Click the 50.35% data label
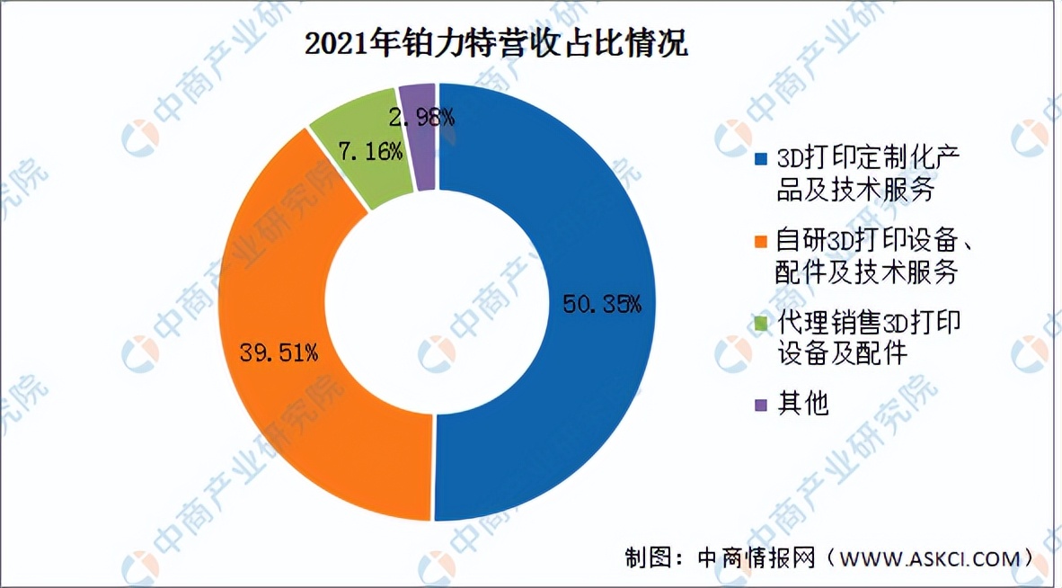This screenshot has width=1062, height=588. click(x=602, y=304)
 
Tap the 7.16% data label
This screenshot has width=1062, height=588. click(x=370, y=152)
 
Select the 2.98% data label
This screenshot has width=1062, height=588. click(x=421, y=116)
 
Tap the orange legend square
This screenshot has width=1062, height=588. click(x=761, y=241)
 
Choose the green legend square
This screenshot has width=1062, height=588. click(x=761, y=322)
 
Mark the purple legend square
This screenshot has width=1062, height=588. click(x=761, y=405)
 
